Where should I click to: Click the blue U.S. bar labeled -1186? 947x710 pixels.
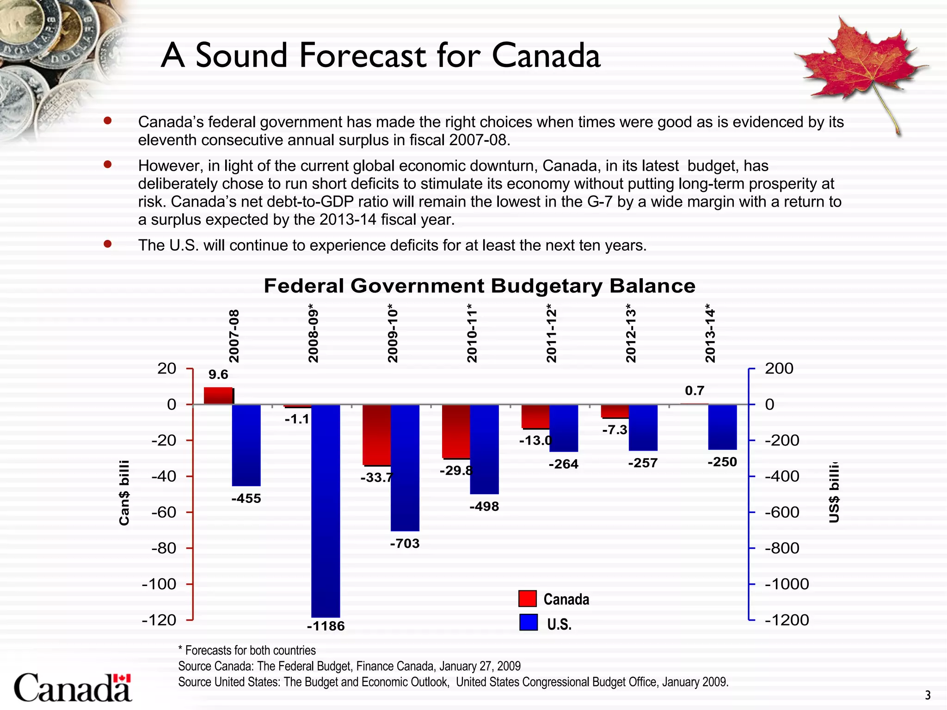pyautogui.click(x=326, y=511)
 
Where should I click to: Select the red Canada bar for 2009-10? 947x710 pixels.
pyautogui.click(x=376, y=435)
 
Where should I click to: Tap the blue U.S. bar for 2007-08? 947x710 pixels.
pyautogui.click(x=246, y=445)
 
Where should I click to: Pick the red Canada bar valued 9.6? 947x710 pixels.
pyautogui.click(x=218, y=396)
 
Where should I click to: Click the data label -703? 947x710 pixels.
pyautogui.click(x=405, y=544)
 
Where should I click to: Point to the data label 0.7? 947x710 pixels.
pyautogui.click(x=695, y=391)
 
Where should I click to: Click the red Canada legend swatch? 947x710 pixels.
pyautogui.click(x=528, y=599)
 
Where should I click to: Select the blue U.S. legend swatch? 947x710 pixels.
pyautogui.click(x=528, y=622)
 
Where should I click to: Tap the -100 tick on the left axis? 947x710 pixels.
pyautogui.click(x=159, y=584)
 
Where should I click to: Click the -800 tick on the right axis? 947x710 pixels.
pyautogui.click(x=782, y=548)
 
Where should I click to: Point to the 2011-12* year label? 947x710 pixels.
pyautogui.click(x=551, y=333)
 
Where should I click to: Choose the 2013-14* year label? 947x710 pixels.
pyautogui.click(x=710, y=333)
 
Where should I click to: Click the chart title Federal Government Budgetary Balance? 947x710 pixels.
pyautogui.click(x=480, y=286)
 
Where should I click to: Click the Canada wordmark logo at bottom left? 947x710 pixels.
pyautogui.click(x=73, y=688)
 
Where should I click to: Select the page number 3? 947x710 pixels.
pyautogui.click(x=928, y=695)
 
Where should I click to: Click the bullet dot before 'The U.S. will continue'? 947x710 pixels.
pyautogui.click(x=108, y=244)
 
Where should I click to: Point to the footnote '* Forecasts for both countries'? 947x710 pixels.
pyautogui.click(x=247, y=650)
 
